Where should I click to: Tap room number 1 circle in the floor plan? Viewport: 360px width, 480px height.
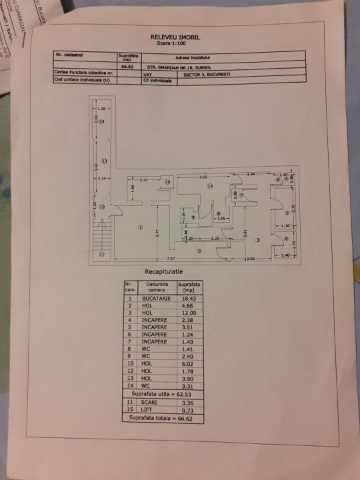(141, 227)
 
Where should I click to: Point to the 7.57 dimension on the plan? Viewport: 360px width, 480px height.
(171, 259)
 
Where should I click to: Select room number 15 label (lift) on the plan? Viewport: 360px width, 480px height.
(167, 182)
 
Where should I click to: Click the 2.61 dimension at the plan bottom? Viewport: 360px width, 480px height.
(251, 259)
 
